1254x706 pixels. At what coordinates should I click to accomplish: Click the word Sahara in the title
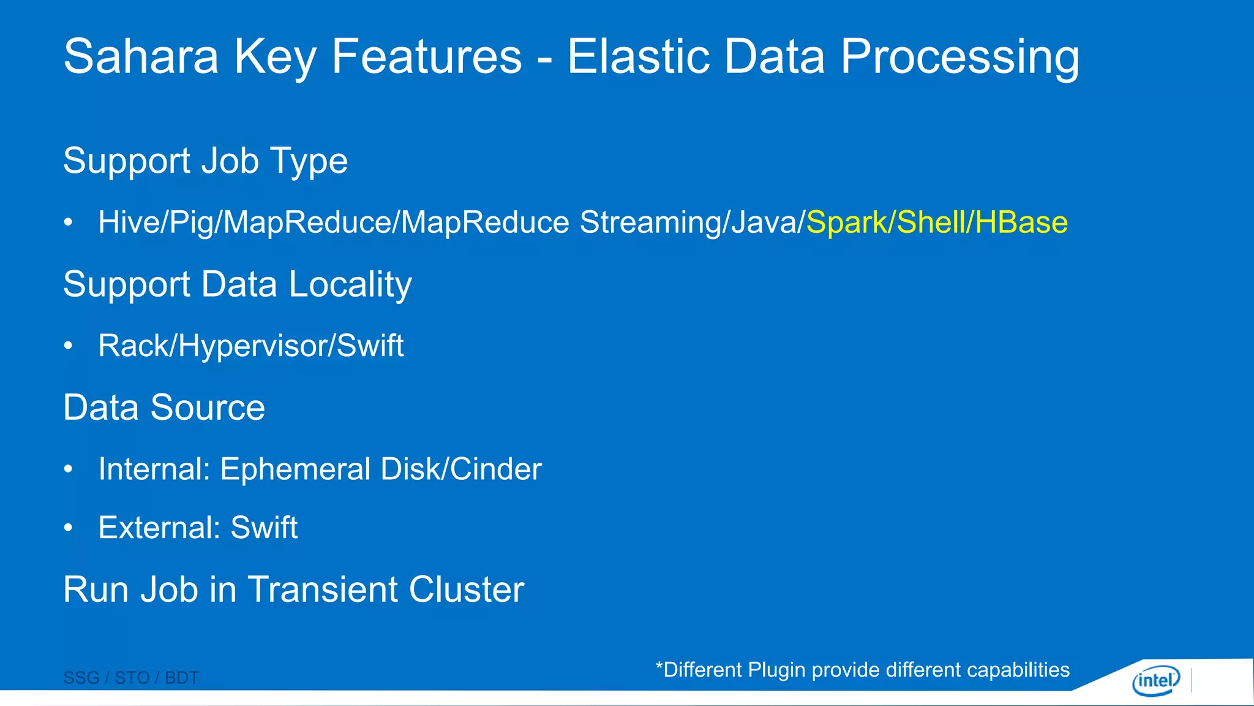(141, 56)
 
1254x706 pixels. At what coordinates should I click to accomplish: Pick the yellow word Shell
(931, 222)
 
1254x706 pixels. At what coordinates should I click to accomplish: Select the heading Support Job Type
(205, 161)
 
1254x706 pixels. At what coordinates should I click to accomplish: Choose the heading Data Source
(164, 408)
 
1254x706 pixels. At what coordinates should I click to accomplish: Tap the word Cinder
(496, 469)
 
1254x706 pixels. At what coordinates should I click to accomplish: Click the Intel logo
(1155, 680)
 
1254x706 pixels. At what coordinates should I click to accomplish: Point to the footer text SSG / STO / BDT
(131, 678)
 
